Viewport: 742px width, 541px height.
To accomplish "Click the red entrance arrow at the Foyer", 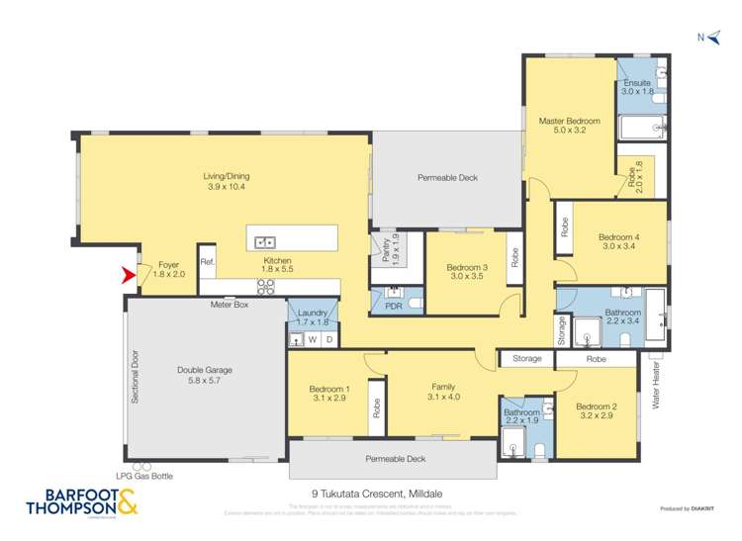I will pyautogui.click(x=128, y=275).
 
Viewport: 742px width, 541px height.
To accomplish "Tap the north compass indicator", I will pyautogui.click(x=705, y=38).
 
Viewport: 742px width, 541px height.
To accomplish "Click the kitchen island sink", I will pyautogui.click(x=264, y=240).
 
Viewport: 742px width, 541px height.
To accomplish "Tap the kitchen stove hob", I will pyautogui.click(x=265, y=287).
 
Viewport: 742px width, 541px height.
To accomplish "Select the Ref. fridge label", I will pyautogui.click(x=207, y=262).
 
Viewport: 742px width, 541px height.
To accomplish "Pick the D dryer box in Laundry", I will pyautogui.click(x=329, y=339).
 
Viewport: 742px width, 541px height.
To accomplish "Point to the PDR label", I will pyautogui.click(x=393, y=307).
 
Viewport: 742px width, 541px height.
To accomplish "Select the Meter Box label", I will pyautogui.click(x=229, y=306).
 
